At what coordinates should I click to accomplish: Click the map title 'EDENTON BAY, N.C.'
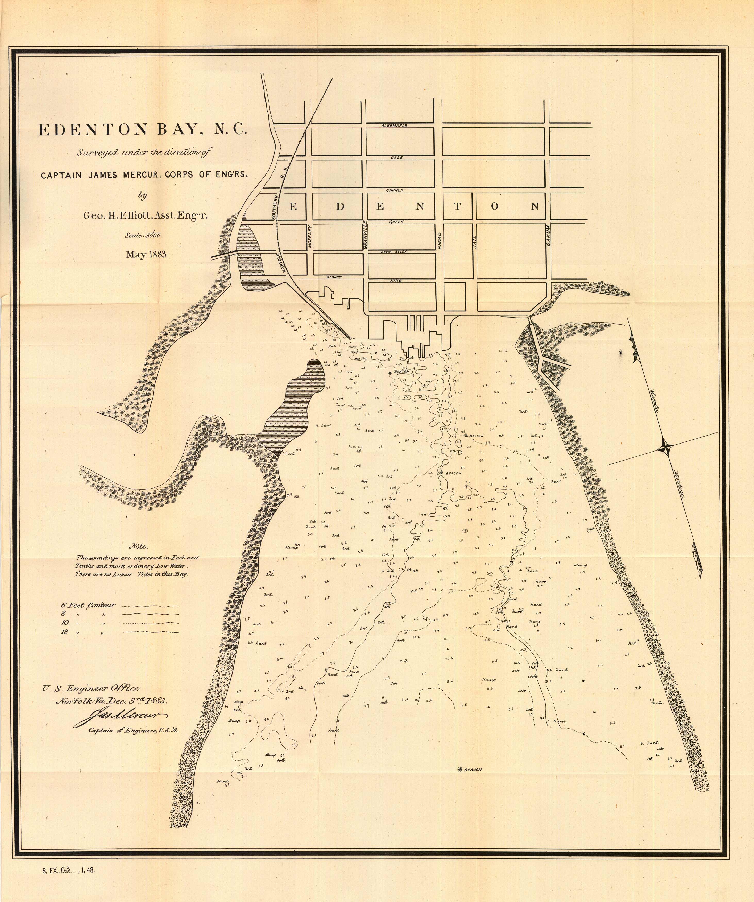tap(142, 129)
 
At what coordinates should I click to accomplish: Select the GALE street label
tap(396, 158)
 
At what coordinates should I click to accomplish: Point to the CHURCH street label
tap(394, 190)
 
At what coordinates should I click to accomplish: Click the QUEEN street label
tap(396, 222)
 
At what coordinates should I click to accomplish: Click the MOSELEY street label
tap(309, 237)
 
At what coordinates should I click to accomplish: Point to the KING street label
tap(396, 280)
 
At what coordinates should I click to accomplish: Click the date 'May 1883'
tap(146, 254)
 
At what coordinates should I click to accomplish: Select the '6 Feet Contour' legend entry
tap(88, 605)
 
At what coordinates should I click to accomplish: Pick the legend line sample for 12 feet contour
tap(150, 632)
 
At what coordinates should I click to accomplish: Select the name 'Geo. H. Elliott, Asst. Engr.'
tap(145, 216)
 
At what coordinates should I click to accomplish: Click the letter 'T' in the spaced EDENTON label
tap(457, 206)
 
